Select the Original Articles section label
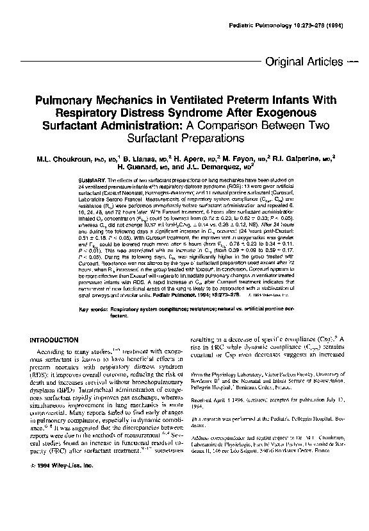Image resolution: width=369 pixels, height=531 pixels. (303, 62)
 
